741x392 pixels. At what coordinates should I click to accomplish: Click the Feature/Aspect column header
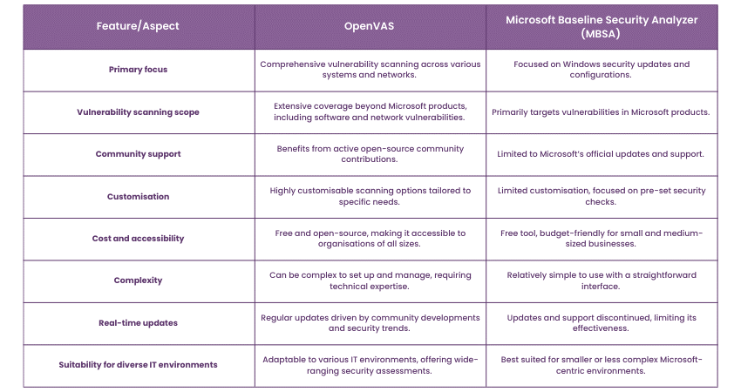tap(138, 26)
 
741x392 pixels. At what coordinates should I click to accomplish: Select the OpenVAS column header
tap(370, 26)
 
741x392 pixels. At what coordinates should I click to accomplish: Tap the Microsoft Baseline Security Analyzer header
tap(602, 26)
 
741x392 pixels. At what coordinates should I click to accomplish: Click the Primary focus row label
tap(138, 70)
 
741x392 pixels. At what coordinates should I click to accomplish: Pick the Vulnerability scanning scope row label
tap(138, 112)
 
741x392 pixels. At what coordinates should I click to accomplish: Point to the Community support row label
tap(138, 154)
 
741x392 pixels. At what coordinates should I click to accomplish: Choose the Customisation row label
tap(138, 197)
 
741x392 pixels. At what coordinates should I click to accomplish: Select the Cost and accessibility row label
tap(138, 239)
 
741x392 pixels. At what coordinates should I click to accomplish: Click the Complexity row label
tap(138, 280)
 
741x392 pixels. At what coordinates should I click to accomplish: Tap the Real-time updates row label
tap(138, 323)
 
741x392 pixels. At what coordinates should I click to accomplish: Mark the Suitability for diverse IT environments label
tap(138, 365)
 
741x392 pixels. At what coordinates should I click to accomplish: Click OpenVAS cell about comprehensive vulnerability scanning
tap(370, 70)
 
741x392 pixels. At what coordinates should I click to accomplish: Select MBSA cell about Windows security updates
tap(602, 70)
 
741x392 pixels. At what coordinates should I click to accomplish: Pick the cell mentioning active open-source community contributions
tap(370, 154)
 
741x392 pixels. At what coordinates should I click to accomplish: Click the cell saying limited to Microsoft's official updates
tap(602, 154)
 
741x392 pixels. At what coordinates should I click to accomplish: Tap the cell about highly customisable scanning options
tap(370, 197)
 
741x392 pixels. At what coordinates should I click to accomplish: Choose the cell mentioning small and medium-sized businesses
tap(602, 239)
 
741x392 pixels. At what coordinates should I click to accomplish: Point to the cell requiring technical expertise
tap(370, 280)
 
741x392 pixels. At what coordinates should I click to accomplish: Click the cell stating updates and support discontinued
tap(602, 323)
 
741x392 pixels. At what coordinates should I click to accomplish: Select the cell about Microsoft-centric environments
tap(602, 365)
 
